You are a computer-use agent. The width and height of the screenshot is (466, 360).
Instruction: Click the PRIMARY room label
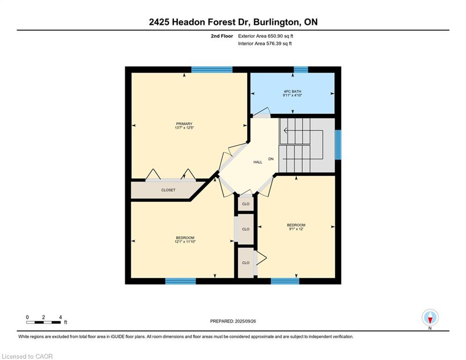pos(184,124)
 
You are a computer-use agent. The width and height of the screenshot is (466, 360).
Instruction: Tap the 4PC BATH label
pos(292,91)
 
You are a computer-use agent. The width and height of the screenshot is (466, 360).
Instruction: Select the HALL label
pos(258,162)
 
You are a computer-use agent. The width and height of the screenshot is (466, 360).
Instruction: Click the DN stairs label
pos(271,159)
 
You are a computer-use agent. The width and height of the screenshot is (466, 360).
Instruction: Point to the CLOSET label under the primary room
pos(168,190)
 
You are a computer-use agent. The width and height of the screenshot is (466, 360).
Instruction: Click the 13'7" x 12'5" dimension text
pos(184,128)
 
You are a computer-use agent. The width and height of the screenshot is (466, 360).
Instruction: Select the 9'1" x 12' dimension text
pos(296,229)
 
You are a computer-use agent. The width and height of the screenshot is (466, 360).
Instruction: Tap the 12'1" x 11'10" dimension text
pos(184,242)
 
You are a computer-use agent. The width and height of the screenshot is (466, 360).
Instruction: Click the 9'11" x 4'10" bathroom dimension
pos(292,95)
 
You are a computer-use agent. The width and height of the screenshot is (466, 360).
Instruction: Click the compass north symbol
pos(430,318)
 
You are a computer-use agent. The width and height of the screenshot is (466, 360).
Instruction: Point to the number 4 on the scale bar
pos(60,317)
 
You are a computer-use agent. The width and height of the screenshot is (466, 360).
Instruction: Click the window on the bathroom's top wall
pos(301,70)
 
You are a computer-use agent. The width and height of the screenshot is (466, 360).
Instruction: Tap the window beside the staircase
pos(338,144)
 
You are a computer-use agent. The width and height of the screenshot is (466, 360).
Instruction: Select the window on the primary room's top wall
pos(212,70)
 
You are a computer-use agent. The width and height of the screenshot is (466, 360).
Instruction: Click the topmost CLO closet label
pos(246,204)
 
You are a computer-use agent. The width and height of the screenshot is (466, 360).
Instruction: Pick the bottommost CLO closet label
pos(246,263)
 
